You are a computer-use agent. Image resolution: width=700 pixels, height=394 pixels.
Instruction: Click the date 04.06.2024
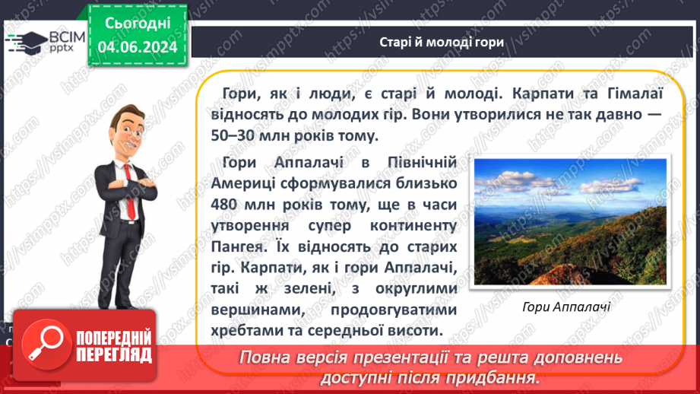coord(137,47)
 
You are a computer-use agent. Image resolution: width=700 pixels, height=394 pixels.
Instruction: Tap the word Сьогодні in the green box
coord(137,24)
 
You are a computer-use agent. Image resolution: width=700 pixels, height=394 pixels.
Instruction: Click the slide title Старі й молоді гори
coord(442,42)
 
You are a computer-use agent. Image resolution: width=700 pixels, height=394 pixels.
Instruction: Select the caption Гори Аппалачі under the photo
coord(567,307)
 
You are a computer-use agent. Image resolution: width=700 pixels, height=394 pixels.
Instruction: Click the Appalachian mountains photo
coord(569,222)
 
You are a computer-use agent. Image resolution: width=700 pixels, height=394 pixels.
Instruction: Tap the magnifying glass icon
coord(43,345)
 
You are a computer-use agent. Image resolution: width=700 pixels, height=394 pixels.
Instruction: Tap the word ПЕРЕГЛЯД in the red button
coord(114,354)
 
